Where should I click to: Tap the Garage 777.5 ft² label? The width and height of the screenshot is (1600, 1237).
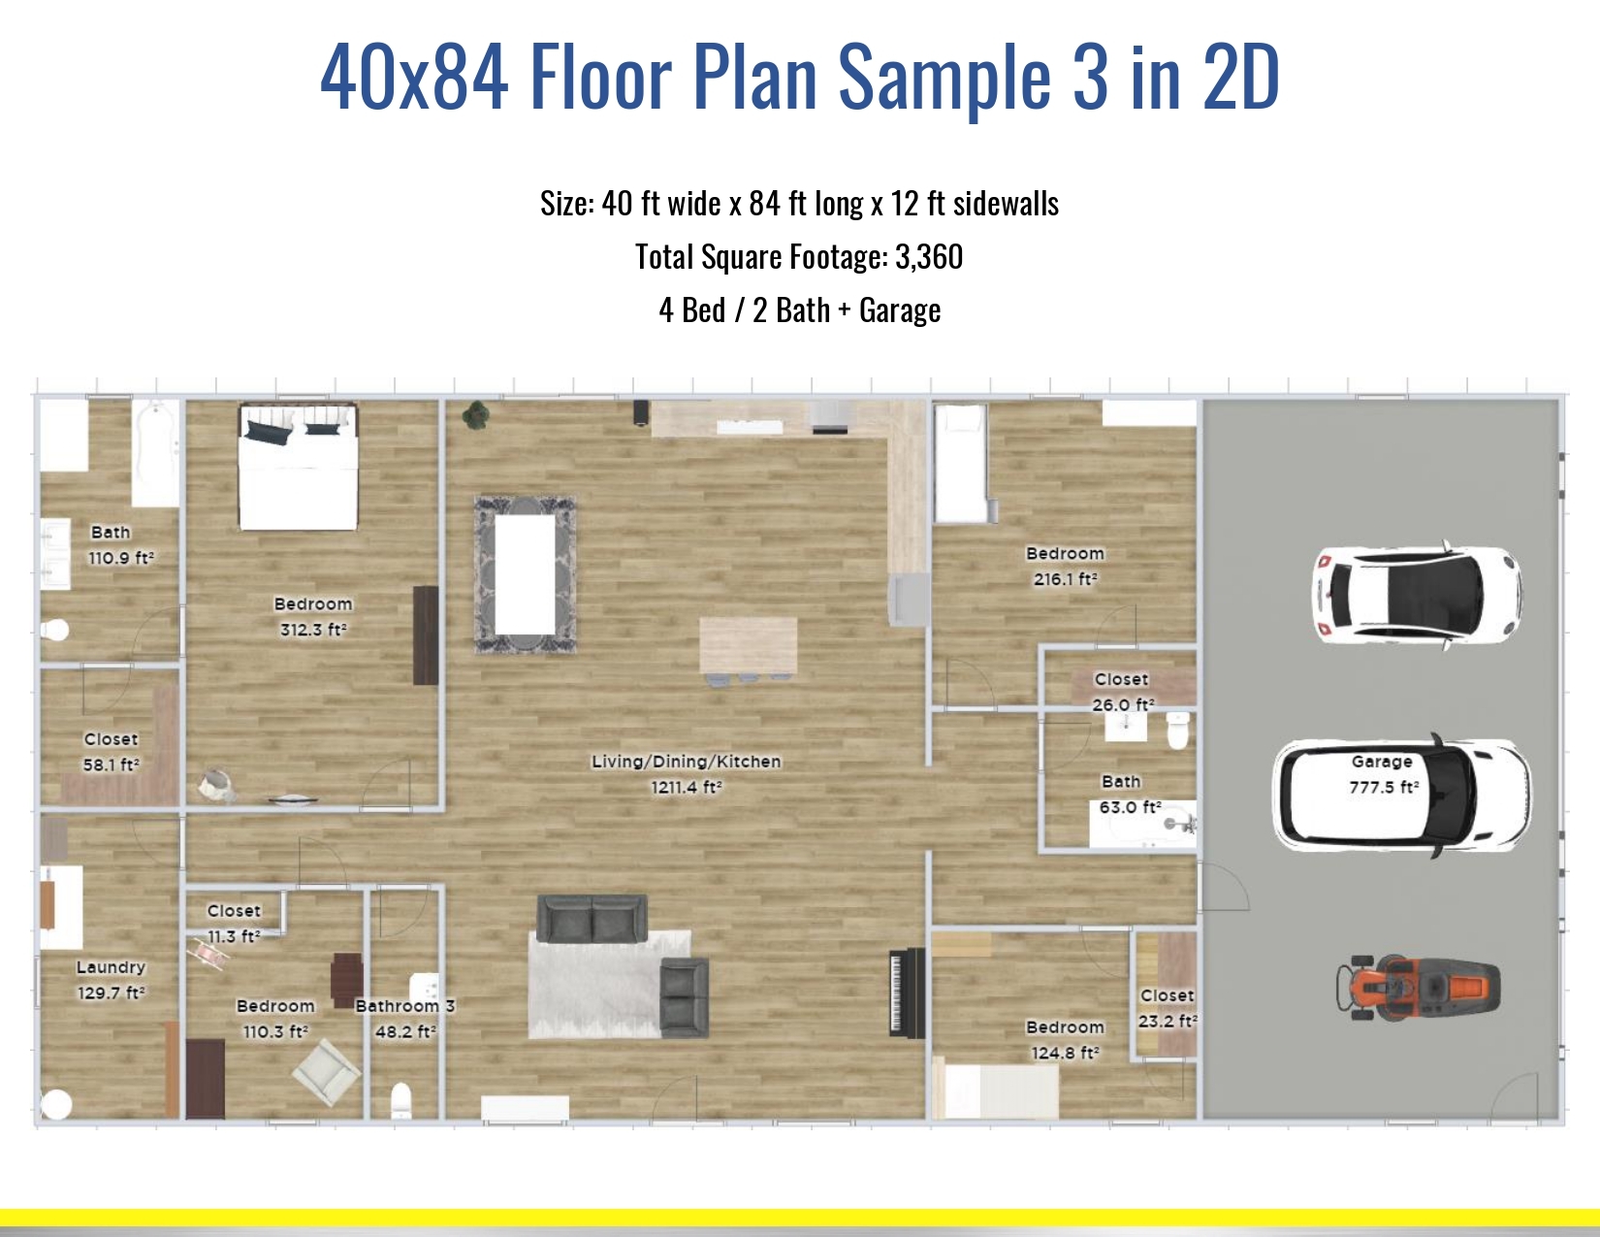[1383, 774]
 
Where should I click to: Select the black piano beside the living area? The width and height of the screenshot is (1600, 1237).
[907, 993]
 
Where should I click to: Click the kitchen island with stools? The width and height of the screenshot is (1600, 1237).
[748, 647]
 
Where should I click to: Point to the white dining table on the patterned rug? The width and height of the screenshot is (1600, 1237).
[525, 572]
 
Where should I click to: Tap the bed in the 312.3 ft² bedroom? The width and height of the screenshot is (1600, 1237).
[299, 468]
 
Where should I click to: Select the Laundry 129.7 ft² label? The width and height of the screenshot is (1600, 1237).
[112, 980]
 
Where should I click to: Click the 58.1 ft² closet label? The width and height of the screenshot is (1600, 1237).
[111, 752]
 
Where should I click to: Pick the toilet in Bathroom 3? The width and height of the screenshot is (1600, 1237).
[401, 1101]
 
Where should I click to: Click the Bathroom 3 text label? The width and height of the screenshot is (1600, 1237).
[405, 1006]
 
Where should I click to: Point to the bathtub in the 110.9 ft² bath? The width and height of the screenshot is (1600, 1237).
[156, 452]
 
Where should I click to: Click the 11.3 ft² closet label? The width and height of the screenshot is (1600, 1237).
[234, 924]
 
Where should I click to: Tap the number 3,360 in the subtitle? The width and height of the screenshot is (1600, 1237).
[929, 257]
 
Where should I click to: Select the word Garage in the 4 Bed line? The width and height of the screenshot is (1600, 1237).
[899, 310]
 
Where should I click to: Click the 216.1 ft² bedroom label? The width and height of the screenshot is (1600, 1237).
[1065, 566]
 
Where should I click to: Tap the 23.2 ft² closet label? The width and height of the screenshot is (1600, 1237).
[1167, 1008]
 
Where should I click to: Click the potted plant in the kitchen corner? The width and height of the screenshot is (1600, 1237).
[475, 415]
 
